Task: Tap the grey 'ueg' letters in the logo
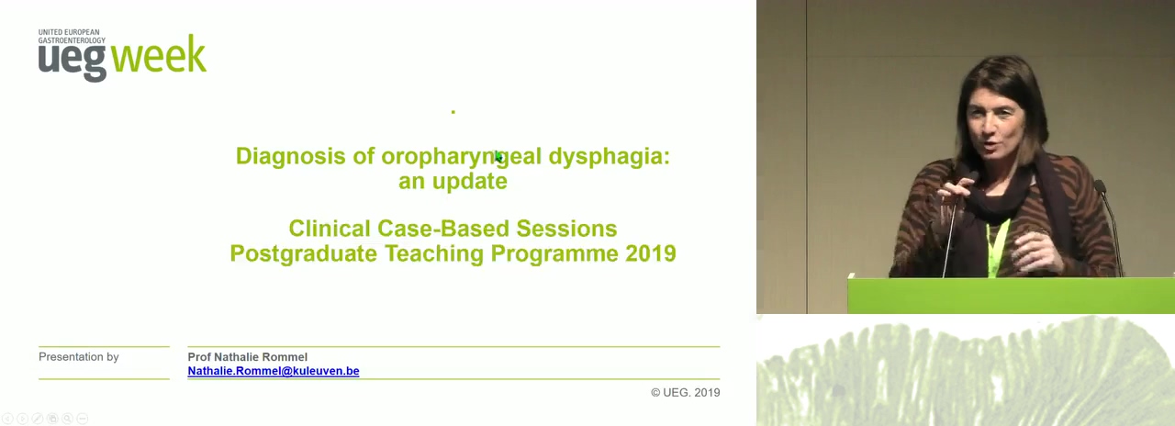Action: click(x=73, y=62)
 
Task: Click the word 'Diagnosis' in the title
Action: click(x=291, y=156)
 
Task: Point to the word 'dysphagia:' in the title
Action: click(x=610, y=157)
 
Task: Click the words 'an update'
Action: click(x=453, y=182)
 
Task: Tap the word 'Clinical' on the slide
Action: click(x=330, y=229)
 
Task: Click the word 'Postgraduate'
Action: click(x=303, y=254)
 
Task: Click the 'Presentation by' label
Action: click(x=79, y=357)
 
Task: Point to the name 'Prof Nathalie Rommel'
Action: click(x=248, y=357)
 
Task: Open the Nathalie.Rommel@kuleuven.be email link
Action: click(x=274, y=371)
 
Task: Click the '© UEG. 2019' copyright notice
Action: click(x=685, y=392)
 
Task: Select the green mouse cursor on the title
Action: click(x=498, y=157)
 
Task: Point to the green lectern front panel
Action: click(x=1011, y=296)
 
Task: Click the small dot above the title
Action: click(x=453, y=112)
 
